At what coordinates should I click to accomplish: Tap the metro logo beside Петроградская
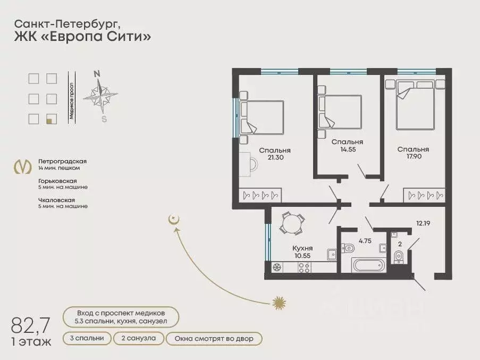[x=22, y=166]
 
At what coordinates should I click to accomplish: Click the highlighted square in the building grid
[x=51, y=119]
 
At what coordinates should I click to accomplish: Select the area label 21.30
[x=275, y=158]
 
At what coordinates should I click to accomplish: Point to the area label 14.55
[x=347, y=150]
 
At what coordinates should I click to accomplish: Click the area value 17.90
[x=413, y=157]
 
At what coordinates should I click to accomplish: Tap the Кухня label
[x=302, y=248]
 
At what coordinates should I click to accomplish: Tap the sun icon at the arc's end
[x=279, y=303]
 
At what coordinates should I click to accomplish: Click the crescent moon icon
[x=172, y=219]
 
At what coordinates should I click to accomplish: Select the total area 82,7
[x=31, y=324]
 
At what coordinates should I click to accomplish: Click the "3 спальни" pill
[x=87, y=338]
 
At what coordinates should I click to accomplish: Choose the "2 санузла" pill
[x=138, y=338]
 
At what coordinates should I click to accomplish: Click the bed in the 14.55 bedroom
[x=340, y=112]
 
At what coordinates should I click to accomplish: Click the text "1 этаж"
[x=31, y=341]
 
